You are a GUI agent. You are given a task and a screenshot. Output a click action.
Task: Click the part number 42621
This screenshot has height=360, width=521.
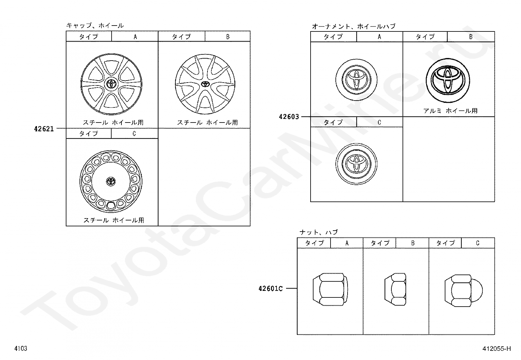pyautogui.click(x=44, y=129)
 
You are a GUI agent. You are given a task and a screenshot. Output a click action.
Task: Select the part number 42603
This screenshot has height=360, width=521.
pyautogui.click(x=289, y=117)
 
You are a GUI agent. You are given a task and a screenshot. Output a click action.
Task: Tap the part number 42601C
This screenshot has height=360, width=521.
pyautogui.click(x=271, y=289)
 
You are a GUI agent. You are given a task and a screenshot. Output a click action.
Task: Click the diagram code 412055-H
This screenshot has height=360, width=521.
pyautogui.click(x=496, y=349)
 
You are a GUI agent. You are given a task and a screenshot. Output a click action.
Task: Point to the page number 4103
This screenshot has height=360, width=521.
pyautogui.click(x=21, y=348)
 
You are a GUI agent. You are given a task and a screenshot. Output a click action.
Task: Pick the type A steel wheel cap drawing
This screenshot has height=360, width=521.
pyautogui.click(x=111, y=84)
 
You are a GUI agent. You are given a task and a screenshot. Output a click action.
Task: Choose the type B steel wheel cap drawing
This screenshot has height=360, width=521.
pyautogui.click(x=205, y=84)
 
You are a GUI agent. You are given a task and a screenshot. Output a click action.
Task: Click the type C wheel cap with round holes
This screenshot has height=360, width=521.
pyautogui.click(x=111, y=181)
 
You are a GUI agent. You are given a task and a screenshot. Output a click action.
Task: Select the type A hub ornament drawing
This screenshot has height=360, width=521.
pyautogui.click(x=356, y=80)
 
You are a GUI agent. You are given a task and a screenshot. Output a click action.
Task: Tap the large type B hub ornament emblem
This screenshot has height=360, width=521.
pyautogui.click(x=448, y=80)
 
